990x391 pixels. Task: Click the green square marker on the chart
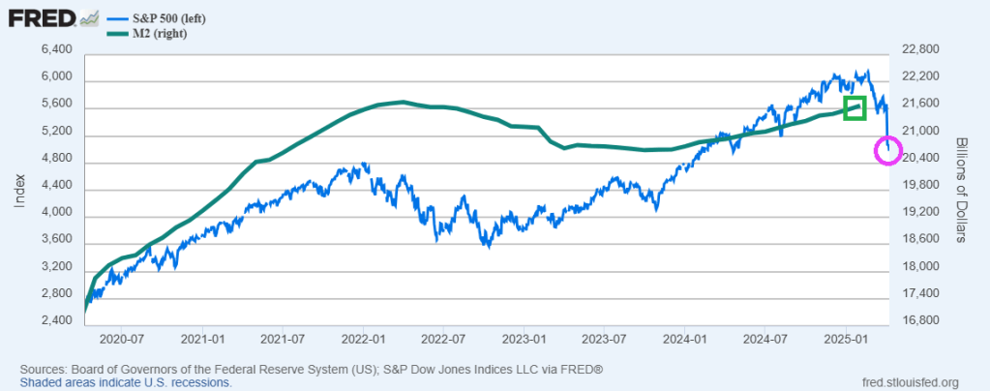pos(854,107)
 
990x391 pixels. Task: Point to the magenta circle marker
pos(888,150)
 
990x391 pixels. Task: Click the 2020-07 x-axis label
pos(122,341)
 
